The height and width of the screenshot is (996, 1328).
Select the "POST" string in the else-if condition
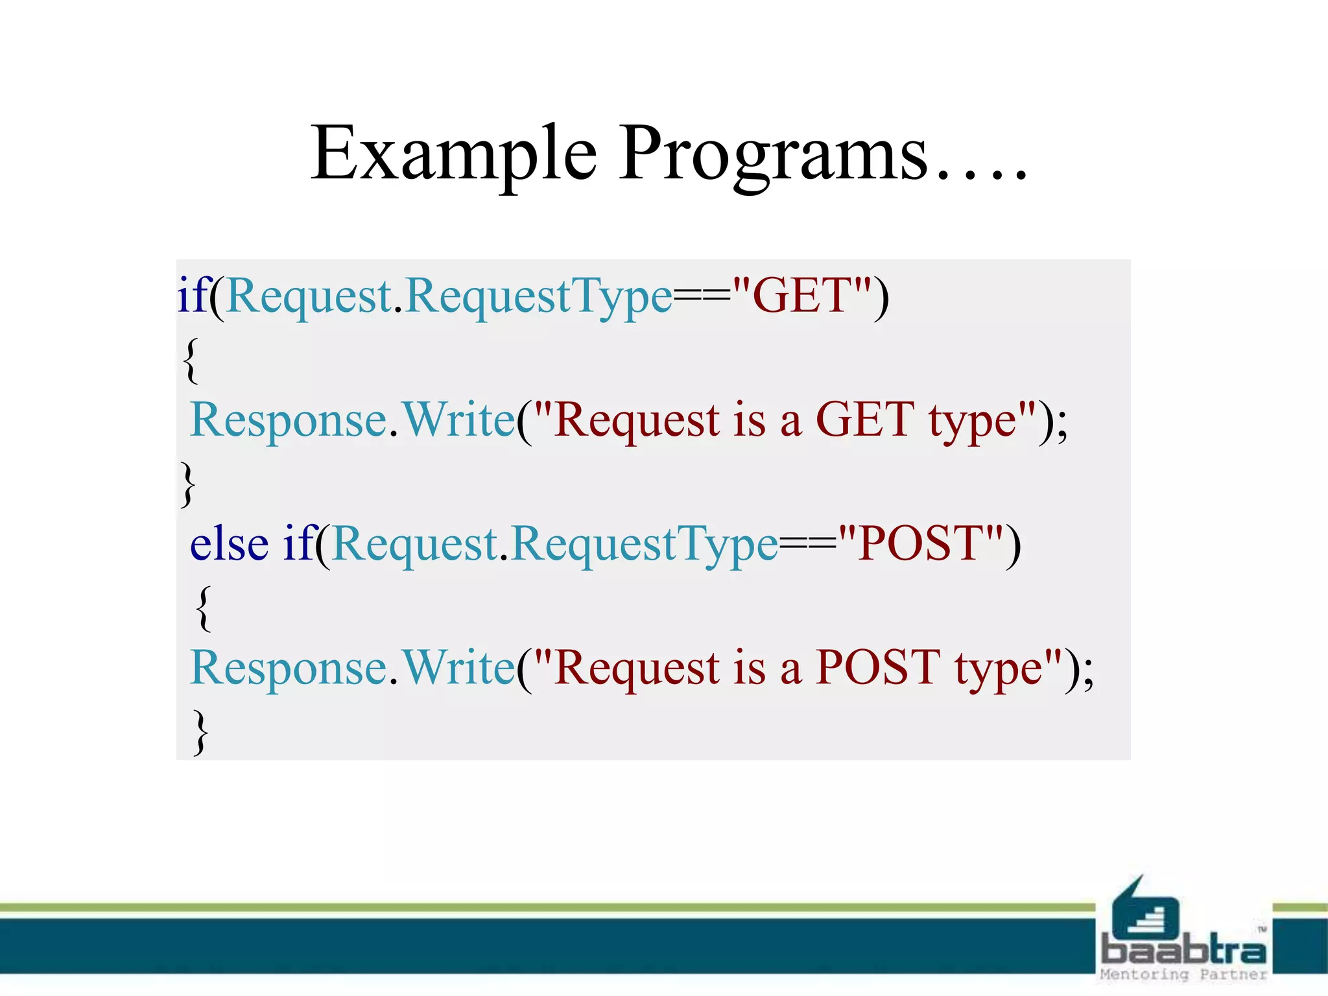click(921, 543)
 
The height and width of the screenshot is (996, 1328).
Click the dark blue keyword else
click(229, 543)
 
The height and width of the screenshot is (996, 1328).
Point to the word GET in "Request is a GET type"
click(865, 420)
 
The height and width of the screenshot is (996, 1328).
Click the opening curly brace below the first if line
click(190, 360)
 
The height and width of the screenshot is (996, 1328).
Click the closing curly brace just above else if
click(187, 484)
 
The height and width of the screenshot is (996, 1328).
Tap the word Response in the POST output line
click(289, 667)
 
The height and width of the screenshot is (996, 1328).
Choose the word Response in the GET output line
click(289, 420)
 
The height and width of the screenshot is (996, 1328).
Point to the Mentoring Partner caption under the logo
click(1183, 975)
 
